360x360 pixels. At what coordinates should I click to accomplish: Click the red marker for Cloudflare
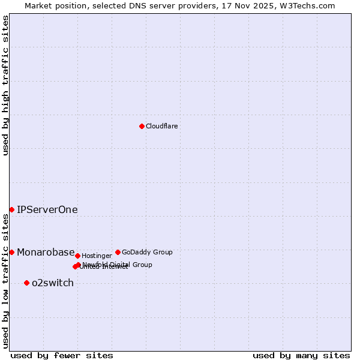pyautogui.click(x=142, y=126)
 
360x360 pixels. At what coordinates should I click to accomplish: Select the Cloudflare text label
pyautogui.click(x=161, y=127)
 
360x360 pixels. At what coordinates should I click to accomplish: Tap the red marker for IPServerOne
pyautogui.click(x=11, y=209)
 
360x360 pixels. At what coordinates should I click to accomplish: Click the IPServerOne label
pyautogui.click(x=47, y=210)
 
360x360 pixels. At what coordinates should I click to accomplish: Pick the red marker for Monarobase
pyautogui.click(x=11, y=252)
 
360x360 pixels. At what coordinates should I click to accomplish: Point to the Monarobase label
pyautogui.click(x=46, y=253)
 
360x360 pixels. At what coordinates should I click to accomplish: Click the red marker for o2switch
pyautogui.click(x=26, y=283)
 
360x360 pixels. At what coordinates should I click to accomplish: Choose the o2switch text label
pyautogui.click(x=53, y=283)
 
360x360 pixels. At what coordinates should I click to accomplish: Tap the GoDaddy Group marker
pyautogui.click(x=118, y=252)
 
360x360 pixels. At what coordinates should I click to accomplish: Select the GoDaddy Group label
pyautogui.click(x=147, y=253)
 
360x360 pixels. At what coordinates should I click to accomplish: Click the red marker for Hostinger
pyautogui.click(x=77, y=256)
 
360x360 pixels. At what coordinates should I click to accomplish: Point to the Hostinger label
pyautogui.click(x=97, y=256)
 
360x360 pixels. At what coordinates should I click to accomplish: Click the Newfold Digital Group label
pyautogui.click(x=118, y=265)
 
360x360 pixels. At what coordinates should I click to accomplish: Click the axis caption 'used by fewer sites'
pyautogui.click(x=62, y=356)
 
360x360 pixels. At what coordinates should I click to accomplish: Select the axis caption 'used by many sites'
pyautogui.click(x=301, y=356)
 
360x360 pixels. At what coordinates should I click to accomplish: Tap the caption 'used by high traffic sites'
pyautogui.click(x=5, y=85)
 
